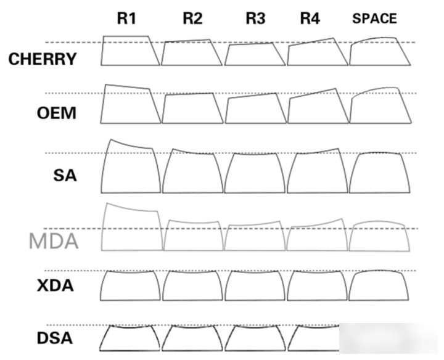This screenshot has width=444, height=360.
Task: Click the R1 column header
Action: coord(126,18)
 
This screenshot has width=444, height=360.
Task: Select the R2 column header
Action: coord(192,18)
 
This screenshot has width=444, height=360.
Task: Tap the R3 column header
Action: coord(255,18)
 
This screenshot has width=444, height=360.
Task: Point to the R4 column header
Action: coord(310,18)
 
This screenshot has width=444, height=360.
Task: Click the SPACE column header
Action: coord(374,18)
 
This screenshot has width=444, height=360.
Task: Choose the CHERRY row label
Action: coord(43,59)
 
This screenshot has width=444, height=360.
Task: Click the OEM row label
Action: coord(57,113)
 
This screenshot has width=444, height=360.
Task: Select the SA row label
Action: coord(65,175)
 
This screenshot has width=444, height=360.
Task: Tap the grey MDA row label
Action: coord(54,242)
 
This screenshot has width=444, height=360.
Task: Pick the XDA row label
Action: coord(55,285)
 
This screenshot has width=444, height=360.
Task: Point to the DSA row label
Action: coord(55,338)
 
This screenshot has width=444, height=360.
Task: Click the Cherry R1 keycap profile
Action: coord(103,51)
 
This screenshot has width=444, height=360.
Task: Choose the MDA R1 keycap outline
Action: coord(102,226)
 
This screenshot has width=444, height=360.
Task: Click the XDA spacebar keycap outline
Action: coord(351,286)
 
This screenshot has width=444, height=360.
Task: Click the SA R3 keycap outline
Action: coord(226,173)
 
